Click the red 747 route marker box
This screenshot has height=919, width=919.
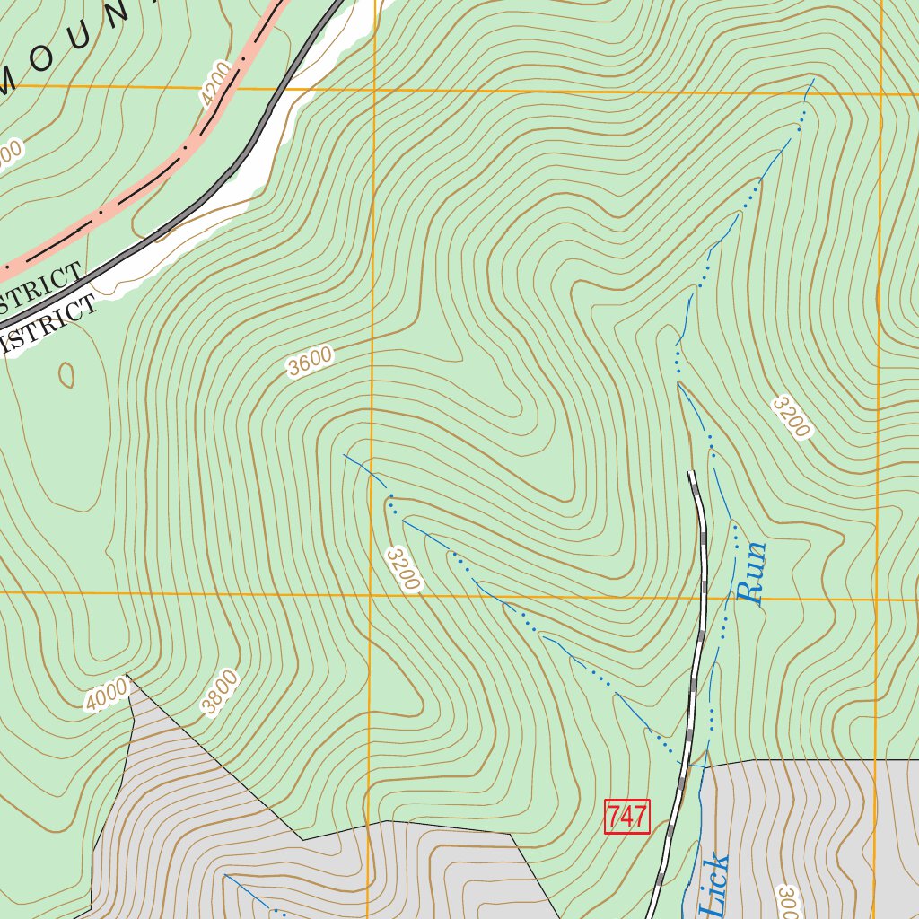tap(626, 816)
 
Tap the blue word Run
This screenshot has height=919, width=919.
tap(751, 572)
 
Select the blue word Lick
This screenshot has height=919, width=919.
tap(714, 887)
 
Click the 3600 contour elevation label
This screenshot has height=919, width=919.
tap(311, 362)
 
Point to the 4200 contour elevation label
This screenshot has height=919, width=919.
tap(216, 84)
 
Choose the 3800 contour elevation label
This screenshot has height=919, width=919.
tap(220, 693)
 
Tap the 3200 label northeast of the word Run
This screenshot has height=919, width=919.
tap(791, 417)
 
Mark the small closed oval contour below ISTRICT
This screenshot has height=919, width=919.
tap(66, 374)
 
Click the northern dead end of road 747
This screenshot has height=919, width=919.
tap(691, 473)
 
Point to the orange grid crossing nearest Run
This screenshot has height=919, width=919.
tap(875, 599)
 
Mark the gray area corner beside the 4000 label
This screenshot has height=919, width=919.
tap(129, 675)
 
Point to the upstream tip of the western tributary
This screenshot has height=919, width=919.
tap(345, 455)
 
